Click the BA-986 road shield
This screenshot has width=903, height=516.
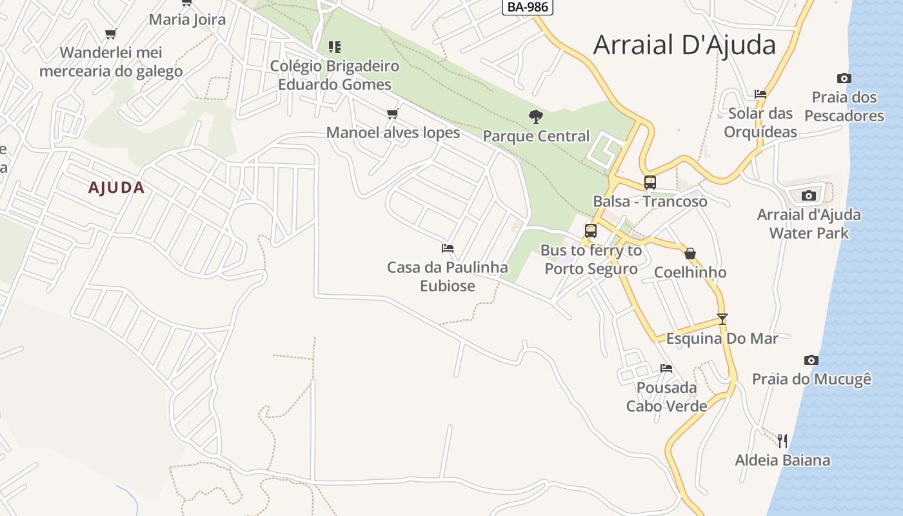click(527, 7)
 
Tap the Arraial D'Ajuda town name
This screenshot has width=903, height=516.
click(684, 45)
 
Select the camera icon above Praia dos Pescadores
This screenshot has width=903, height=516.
click(844, 79)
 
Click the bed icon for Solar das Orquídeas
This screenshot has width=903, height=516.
click(760, 94)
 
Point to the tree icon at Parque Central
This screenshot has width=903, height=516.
click(535, 117)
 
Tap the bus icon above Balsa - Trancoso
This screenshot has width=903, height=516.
click(650, 183)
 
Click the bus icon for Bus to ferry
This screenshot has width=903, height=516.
click(590, 231)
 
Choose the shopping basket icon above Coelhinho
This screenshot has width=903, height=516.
click(690, 253)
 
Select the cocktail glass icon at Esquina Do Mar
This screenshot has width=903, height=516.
click(722, 319)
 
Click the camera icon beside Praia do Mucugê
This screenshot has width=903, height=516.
click(811, 360)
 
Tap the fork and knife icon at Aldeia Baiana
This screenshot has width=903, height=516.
click(782, 441)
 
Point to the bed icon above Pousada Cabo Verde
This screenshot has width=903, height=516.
click(666, 368)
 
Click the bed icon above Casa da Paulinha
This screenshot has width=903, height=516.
click(448, 248)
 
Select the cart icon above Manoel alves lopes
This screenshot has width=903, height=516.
click(392, 114)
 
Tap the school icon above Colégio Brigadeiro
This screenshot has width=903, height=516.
click(334, 46)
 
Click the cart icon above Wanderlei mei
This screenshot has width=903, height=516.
click(111, 34)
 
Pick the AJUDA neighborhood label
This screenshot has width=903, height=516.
click(116, 188)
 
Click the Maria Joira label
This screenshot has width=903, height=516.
click(187, 19)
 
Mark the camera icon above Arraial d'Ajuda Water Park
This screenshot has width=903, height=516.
click(808, 195)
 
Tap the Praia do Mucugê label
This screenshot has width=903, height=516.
click(811, 379)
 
